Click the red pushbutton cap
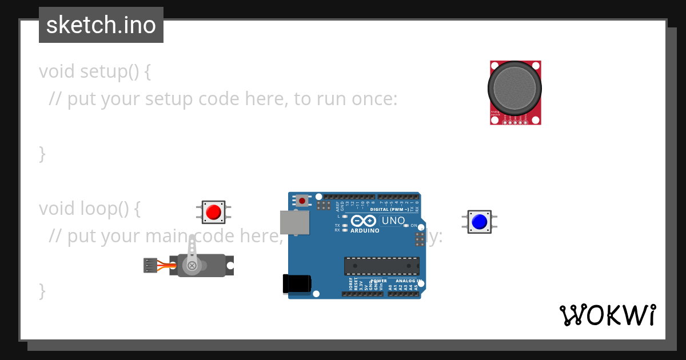tap(213, 212)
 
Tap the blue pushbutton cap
tap(479, 221)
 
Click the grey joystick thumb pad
tap(514, 87)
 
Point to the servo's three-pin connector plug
tap(150, 265)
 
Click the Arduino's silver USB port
tap(294, 222)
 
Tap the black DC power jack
tap(297, 284)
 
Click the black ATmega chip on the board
tap(381, 266)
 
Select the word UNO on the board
tap(393, 221)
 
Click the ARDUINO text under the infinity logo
tap(365, 231)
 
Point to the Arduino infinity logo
tap(364, 221)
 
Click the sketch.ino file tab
tap(101, 25)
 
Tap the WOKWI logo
tap(607, 315)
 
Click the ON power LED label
tap(414, 226)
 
